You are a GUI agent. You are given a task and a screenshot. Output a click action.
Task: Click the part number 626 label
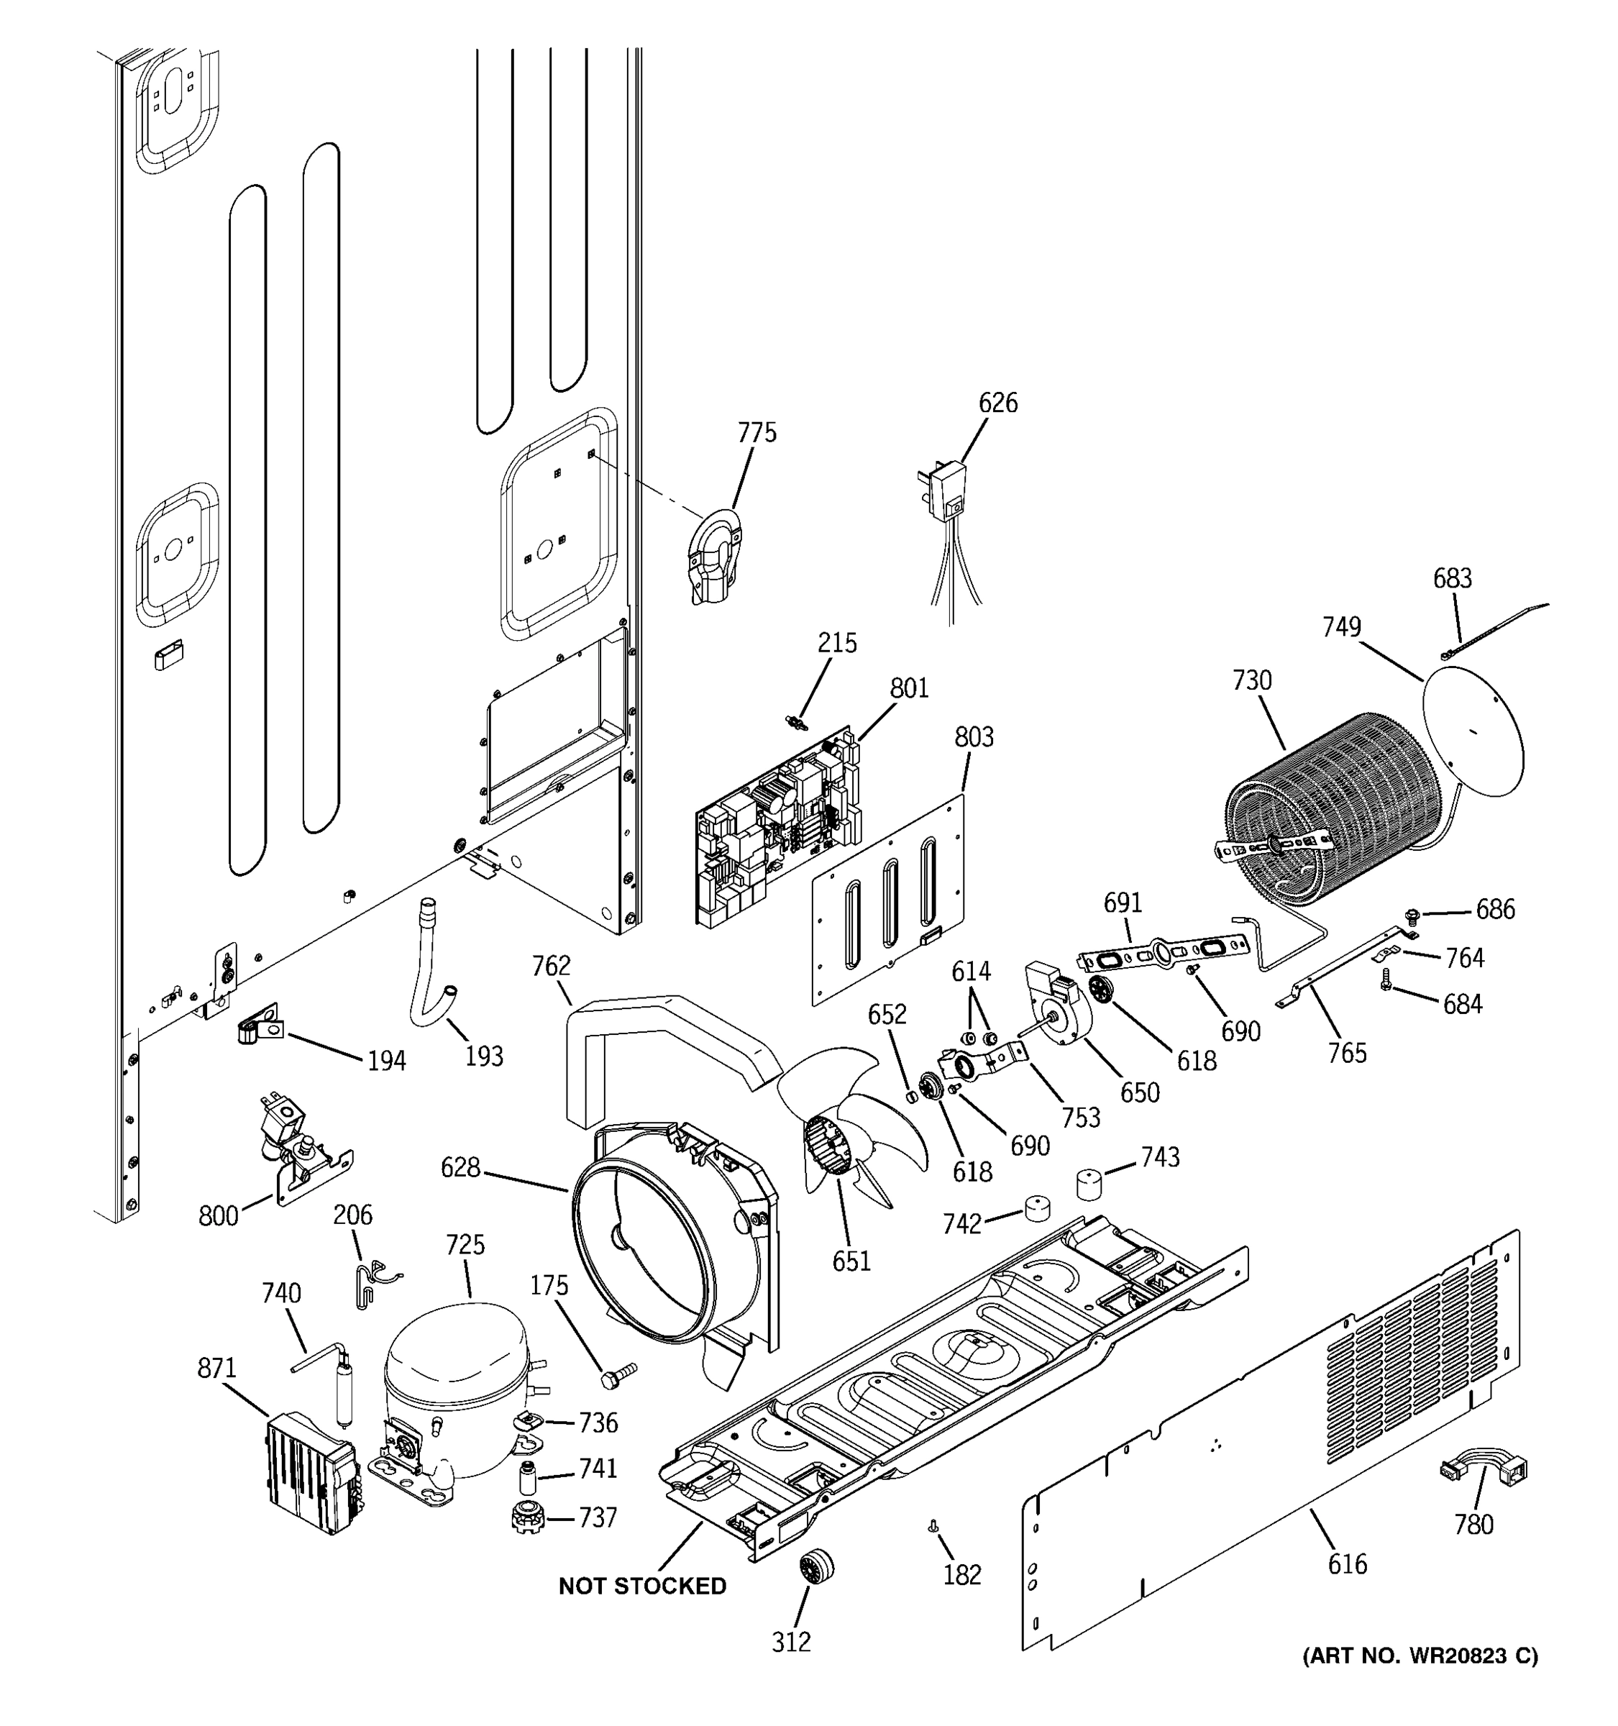tap(997, 403)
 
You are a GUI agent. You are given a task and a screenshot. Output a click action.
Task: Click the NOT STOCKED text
tap(642, 1586)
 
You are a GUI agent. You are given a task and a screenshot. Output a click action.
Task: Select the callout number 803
tap(974, 737)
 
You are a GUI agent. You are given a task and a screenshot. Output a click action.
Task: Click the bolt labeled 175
tap(617, 1374)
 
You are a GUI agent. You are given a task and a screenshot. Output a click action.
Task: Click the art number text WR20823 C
tap(1420, 1656)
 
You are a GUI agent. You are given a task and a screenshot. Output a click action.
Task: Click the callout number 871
tap(216, 1369)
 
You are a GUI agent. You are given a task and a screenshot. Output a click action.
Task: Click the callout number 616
tap(1346, 1563)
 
